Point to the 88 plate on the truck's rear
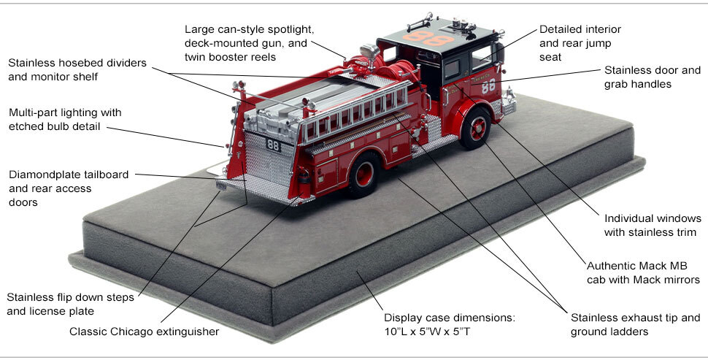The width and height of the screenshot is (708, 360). [x=272, y=145]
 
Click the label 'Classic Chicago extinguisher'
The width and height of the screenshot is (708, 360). [x=144, y=332]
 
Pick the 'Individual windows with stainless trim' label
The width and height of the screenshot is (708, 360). [x=652, y=225]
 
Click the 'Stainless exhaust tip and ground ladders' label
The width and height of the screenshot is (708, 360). [x=635, y=324]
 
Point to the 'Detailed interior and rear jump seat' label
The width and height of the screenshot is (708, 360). [x=580, y=42]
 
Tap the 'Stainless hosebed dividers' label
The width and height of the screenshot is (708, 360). [x=77, y=69]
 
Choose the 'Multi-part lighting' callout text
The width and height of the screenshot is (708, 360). [x=65, y=120]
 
